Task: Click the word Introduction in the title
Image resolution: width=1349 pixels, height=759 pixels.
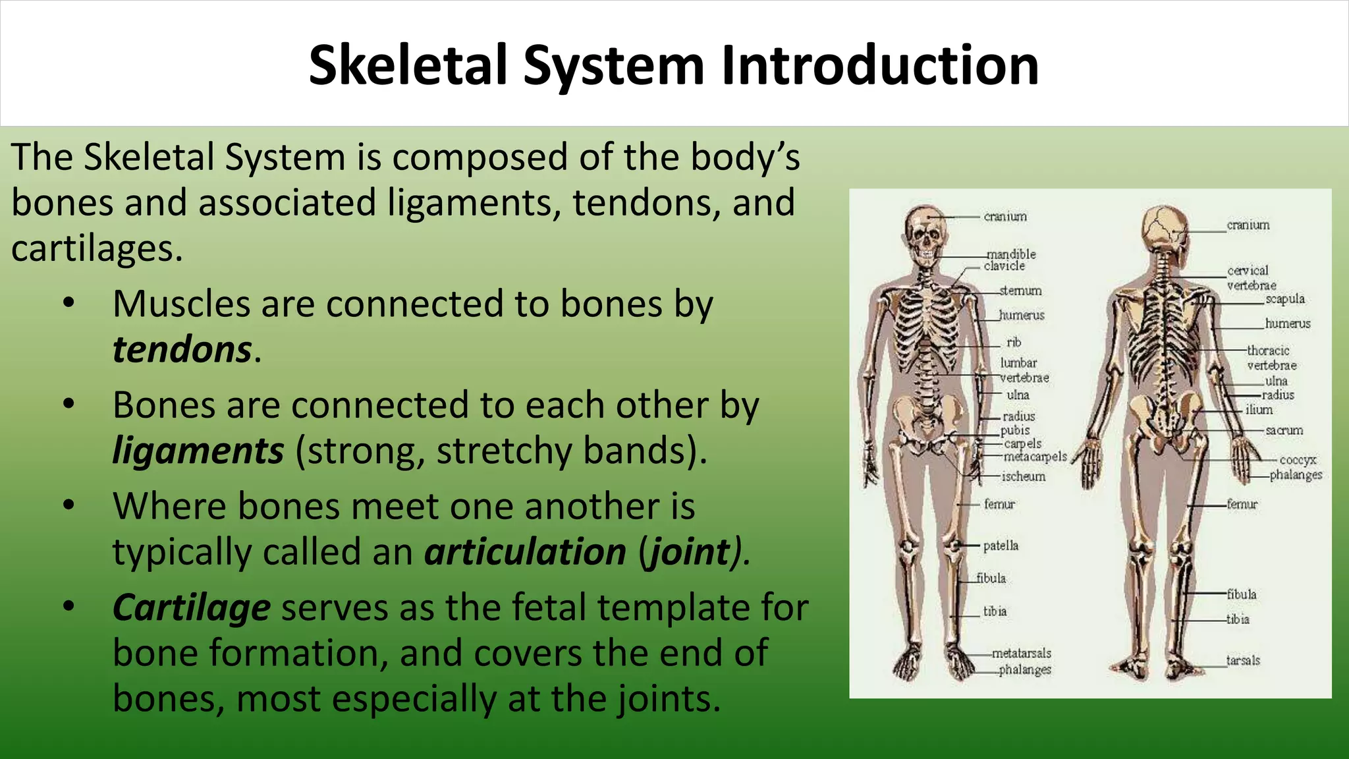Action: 880,66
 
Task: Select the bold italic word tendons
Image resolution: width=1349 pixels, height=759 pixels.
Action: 182,349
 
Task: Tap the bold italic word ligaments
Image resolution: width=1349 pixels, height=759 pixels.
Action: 198,451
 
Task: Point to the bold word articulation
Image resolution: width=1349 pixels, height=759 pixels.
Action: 525,551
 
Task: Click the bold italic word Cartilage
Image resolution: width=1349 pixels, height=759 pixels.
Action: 191,607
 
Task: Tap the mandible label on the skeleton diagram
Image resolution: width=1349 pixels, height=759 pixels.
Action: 1011,254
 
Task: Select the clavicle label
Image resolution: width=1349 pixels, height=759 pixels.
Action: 1005,266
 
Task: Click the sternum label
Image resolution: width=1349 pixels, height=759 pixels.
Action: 1020,291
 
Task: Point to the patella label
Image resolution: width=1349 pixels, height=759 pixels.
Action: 1001,546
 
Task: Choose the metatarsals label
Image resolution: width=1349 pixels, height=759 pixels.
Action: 1022,653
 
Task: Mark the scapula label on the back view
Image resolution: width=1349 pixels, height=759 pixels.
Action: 1284,298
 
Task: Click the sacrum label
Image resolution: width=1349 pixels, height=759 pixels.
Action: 1284,430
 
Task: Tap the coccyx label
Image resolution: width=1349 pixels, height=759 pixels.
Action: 1298,460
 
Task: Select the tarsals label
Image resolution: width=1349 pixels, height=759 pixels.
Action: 1243,660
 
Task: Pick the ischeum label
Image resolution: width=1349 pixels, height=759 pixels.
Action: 1023,476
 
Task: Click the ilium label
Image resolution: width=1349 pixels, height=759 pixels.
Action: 1259,410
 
